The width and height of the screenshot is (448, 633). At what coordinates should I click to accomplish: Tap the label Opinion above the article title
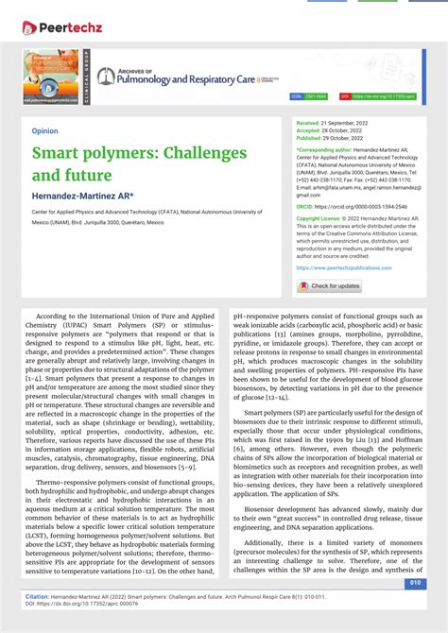tap(44, 131)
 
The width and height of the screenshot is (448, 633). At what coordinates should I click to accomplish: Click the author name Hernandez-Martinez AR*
tap(83, 196)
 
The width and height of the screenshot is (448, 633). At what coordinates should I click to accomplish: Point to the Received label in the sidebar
tap(309, 124)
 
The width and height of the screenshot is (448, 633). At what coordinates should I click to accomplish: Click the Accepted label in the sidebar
tap(309, 130)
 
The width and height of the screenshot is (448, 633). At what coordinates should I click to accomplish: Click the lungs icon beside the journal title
tap(106, 77)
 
